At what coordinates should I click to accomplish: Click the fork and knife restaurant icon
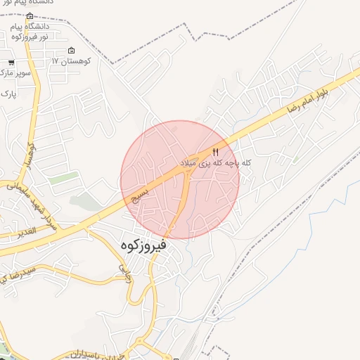(216, 151)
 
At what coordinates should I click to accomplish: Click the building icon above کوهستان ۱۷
(71, 51)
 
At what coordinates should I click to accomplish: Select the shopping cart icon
(12, 63)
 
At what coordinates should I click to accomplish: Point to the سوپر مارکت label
(15, 72)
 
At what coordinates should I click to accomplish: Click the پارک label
(8, 93)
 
